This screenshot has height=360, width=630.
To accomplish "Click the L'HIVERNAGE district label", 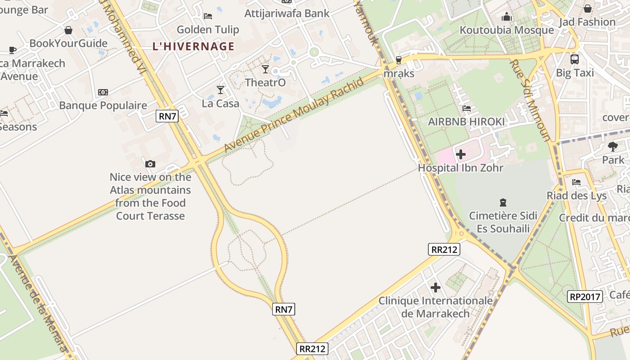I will pos(193,46).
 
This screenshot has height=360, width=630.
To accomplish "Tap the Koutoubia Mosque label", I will pos(507,30).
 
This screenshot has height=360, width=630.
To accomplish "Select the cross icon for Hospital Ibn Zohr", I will pos(460,154).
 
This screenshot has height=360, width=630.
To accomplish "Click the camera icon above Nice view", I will pos(150,164).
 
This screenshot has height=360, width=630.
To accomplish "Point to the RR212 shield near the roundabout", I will pos(444,249).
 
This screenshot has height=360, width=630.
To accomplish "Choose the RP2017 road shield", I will pos(585,297).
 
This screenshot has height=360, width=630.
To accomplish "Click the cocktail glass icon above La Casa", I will pos(220,90).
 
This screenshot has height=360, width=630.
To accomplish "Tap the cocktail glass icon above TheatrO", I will pos(265,69).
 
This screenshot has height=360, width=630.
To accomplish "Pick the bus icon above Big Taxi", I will pos(575,59).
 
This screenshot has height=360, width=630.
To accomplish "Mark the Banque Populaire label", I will pos(103,106).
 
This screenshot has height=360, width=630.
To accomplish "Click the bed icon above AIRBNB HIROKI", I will pos(467,108).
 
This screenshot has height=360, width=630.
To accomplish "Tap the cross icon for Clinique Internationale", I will pos(435,287).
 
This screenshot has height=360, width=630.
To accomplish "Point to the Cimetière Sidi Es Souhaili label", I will pos(503,222).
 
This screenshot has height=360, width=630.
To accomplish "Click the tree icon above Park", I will pos(613,146).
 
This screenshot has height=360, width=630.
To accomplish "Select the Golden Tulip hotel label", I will pos(208,30).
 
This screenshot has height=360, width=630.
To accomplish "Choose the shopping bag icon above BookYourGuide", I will pos(68,30).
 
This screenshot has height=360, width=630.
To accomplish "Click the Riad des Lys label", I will pos(577,196).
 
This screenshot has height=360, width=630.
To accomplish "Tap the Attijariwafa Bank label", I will pos(287,13).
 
